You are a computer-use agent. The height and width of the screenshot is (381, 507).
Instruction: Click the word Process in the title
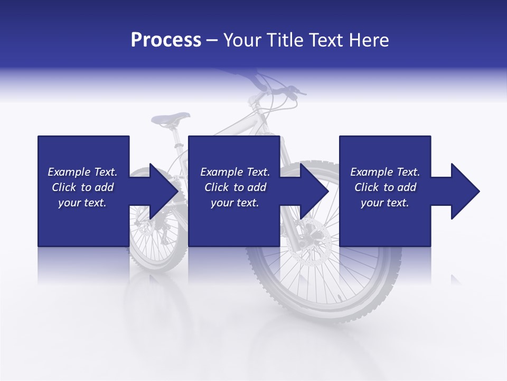click(166, 40)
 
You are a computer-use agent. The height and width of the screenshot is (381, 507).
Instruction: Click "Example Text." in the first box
click(82, 172)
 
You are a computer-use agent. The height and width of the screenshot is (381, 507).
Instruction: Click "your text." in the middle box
click(235, 203)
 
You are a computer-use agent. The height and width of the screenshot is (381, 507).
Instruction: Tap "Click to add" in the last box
click(386, 187)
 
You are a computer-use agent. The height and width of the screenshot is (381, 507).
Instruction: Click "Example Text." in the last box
click(385, 172)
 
